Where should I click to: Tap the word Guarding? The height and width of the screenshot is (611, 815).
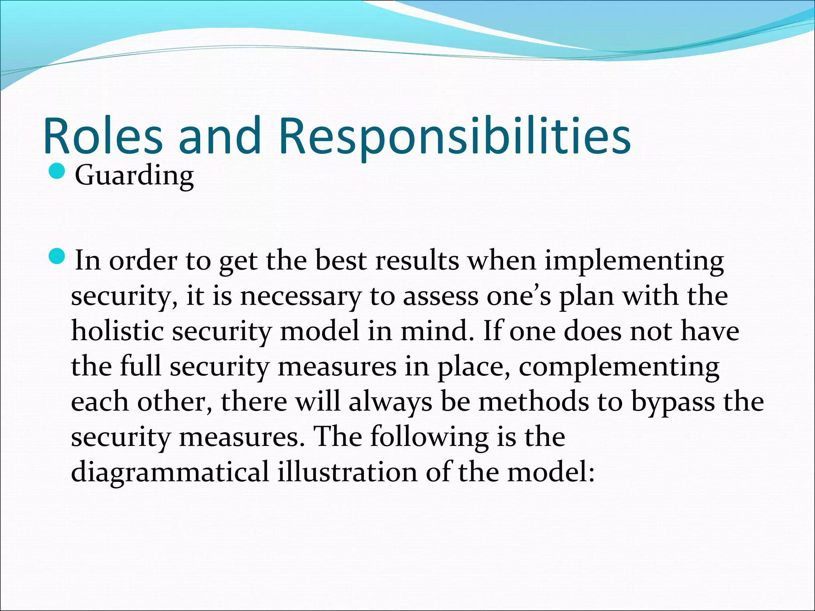[x=134, y=175]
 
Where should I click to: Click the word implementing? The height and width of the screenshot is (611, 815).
[x=634, y=261]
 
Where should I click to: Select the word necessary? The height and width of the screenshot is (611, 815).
[x=300, y=296]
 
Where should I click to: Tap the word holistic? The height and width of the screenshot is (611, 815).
[x=117, y=331]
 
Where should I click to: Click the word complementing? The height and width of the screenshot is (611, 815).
[x=619, y=367]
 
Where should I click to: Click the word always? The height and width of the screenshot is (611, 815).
[x=390, y=402]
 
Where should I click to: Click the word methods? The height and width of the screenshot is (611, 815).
[x=533, y=402]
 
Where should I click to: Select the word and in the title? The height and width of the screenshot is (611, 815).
[x=219, y=135]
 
